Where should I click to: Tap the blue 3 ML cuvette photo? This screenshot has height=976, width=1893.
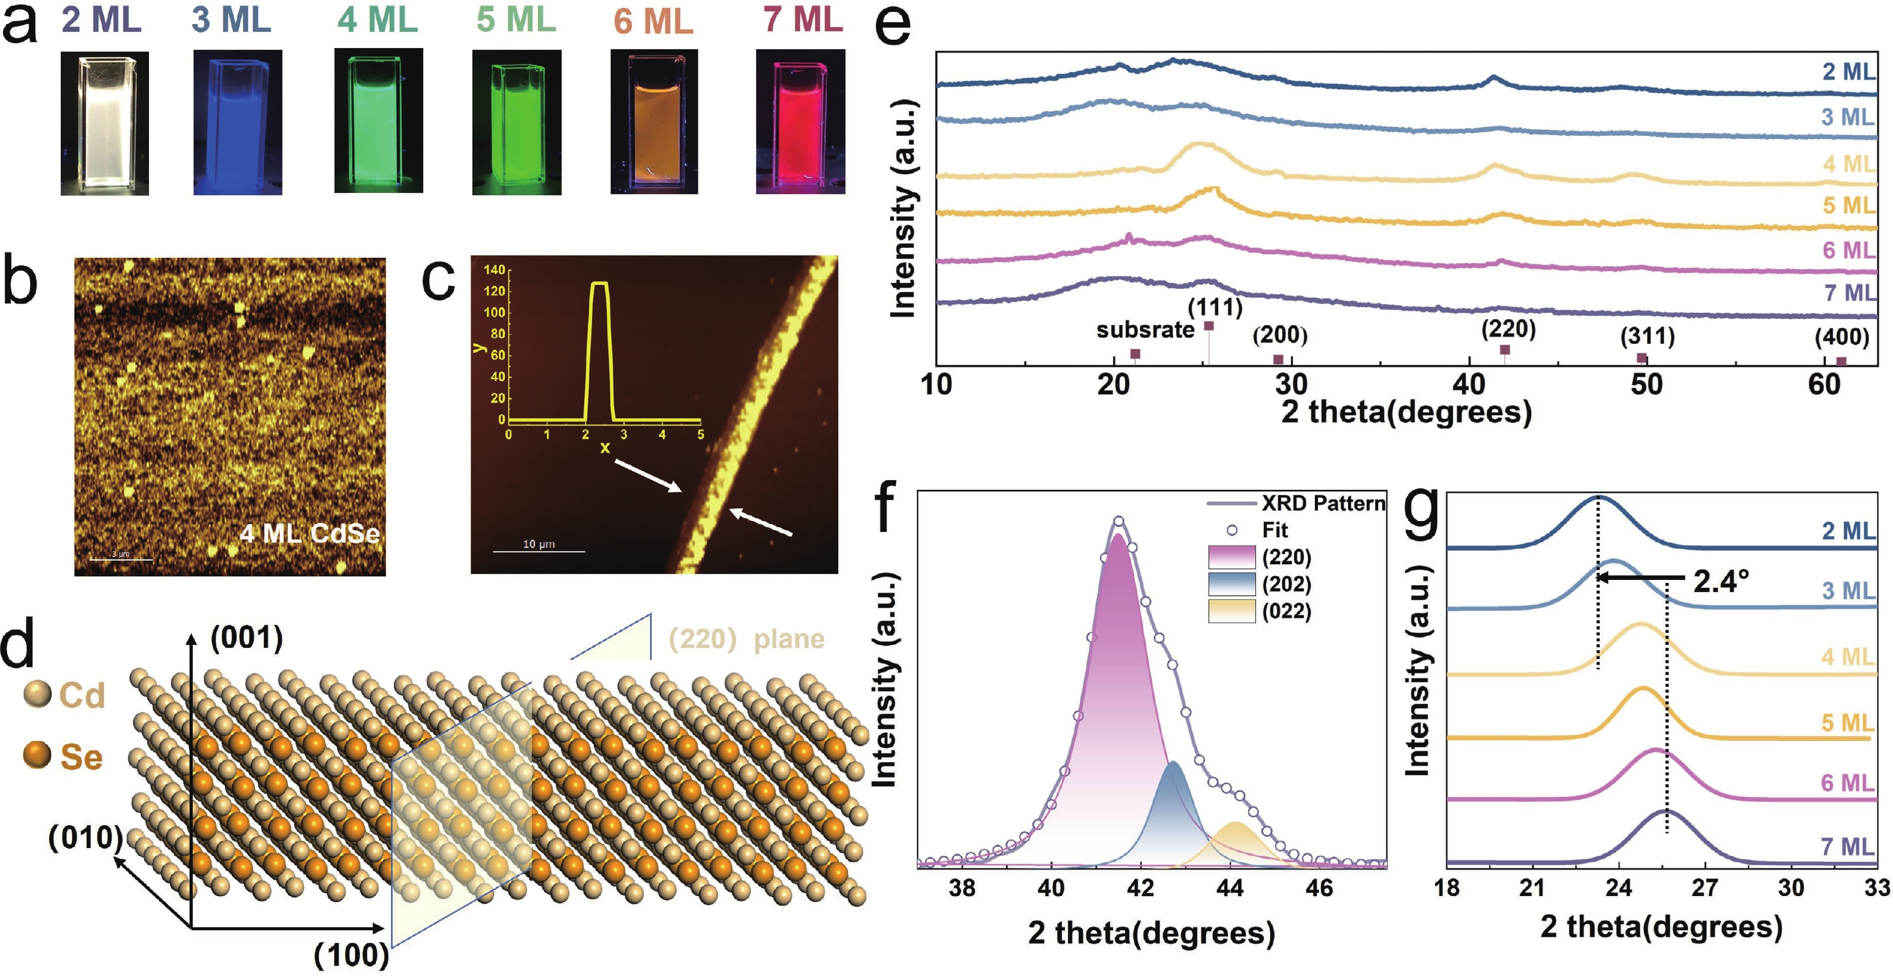click(x=237, y=122)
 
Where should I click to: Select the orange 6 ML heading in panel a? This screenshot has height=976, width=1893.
click(x=653, y=20)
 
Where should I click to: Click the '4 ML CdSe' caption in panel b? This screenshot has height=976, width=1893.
click(x=309, y=533)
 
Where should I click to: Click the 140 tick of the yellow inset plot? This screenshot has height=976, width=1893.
click(x=495, y=270)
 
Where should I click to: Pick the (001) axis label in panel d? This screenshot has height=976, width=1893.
click(x=246, y=638)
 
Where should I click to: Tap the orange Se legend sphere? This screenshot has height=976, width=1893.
click(x=37, y=755)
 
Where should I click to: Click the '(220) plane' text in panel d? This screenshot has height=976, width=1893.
click(x=746, y=639)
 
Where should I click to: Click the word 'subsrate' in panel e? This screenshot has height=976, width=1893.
click(x=1145, y=330)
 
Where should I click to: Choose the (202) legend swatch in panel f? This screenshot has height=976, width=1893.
click(x=1231, y=584)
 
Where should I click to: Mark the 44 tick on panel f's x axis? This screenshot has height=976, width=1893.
click(x=1230, y=888)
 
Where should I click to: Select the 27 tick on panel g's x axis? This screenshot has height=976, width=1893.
click(x=1705, y=887)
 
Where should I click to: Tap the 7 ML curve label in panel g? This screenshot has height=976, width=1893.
click(x=1847, y=847)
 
